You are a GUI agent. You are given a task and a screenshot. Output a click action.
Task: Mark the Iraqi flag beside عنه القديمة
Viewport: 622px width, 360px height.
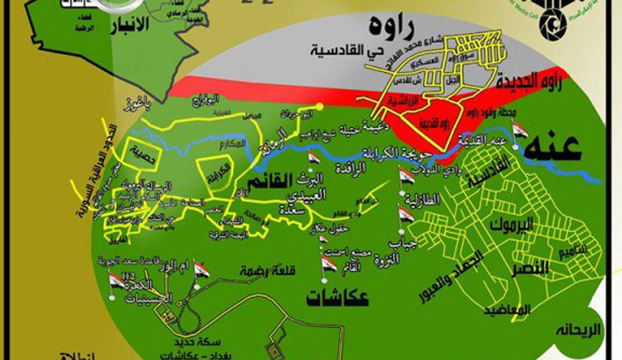(x=519, y=131)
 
